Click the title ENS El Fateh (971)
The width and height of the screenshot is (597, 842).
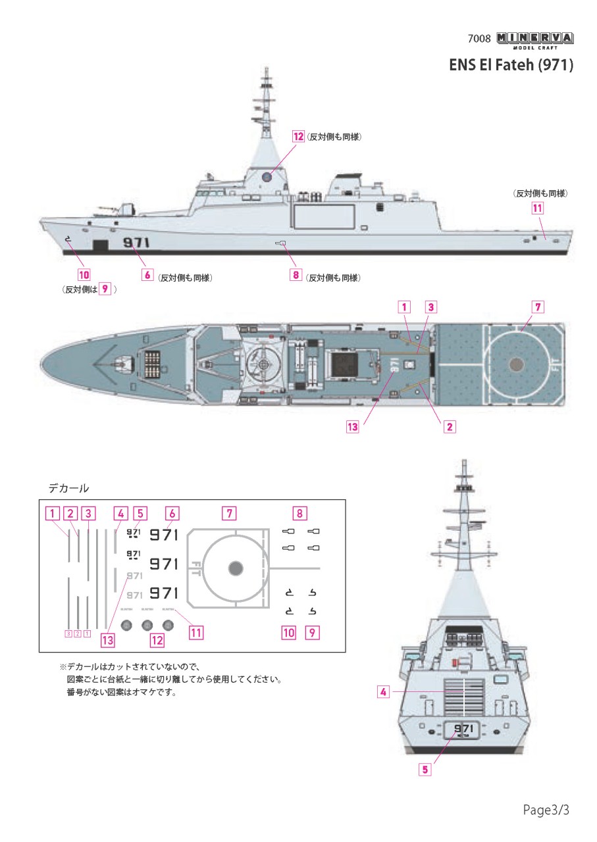(511, 65)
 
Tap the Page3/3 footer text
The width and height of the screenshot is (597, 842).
(546, 809)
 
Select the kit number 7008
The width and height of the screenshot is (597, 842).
(479, 38)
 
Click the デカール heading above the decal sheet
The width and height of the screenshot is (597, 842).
(68, 489)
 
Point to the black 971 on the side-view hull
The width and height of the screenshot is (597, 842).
(137, 243)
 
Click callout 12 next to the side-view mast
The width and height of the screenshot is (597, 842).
(299, 136)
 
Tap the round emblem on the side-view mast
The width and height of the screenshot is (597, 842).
(268, 176)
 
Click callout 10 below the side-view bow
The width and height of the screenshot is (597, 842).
(84, 274)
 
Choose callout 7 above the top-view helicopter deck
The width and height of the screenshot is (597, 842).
(537, 307)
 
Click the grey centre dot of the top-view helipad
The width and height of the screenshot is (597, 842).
(517, 362)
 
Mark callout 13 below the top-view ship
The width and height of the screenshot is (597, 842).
(353, 426)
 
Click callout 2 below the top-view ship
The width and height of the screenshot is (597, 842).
(450, 426)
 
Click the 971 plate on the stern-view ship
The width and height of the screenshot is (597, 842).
(463, 730)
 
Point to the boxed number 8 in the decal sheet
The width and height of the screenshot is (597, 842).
(299, 512)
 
